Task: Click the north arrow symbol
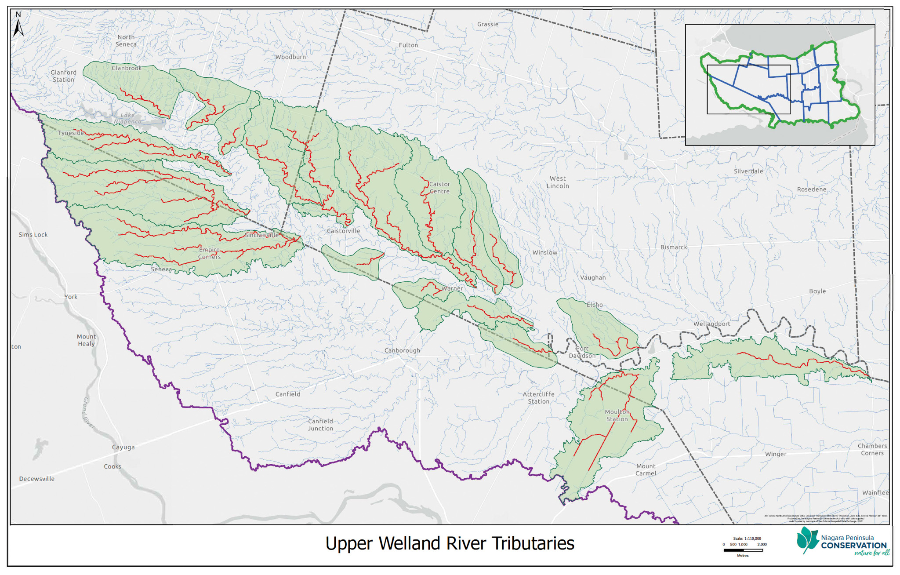[x=18, y=25]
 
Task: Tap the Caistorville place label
[x=343, y=231]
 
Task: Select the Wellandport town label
[x=711, y=324]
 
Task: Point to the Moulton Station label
[x=617, y=415]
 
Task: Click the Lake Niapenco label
[x=127, y=118]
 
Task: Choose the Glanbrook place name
[x=127, y=68]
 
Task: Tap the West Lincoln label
[x=558, y=182]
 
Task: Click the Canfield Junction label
[x=320, y=425]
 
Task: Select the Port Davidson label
[x=582, y=352]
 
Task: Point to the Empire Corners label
[x=209, y=253]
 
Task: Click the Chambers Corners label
[x=872, y=449]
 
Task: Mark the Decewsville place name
[x=37, y=479]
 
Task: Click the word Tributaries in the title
[x=533, y=543]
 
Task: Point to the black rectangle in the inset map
[x=748, y=90]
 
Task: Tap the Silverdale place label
[x=748, y=171]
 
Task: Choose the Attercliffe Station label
[x=538, y=398]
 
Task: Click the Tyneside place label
[x=71, y=133]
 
